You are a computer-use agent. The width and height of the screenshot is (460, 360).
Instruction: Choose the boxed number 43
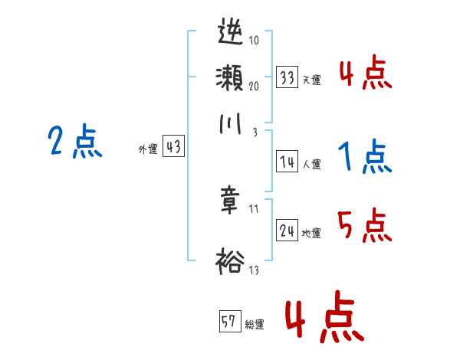pos(173,148)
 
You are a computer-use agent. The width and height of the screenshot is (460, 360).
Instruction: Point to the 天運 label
pos(311,80)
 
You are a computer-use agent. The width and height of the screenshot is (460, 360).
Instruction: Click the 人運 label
pos(311,164)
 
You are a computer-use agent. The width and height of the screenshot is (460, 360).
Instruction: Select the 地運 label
pos(311,233)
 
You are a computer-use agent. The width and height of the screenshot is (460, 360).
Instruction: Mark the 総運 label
pos(255,325)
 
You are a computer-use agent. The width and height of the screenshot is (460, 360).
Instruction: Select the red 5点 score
pos(365,226)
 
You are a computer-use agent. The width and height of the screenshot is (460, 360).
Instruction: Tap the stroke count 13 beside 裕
pos(253,270)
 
